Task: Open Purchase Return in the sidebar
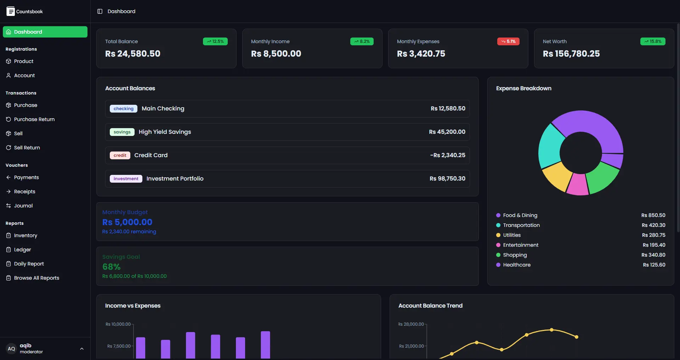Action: click(34, 119)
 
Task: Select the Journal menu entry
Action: click(23, 206)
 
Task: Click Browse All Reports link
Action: click(36, 278)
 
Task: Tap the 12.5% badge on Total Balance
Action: click(215, 41)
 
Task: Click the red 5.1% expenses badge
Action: click(508, 41)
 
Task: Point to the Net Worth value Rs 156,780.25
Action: click(571, 54)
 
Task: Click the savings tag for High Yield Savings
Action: click(122, 132)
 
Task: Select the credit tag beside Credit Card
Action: click(120, 155)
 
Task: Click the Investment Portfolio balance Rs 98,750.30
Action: click(447, 179)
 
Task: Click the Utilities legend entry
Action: click(512, 235)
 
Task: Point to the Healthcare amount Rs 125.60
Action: click(654, 265)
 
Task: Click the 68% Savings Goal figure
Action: click(111, 267)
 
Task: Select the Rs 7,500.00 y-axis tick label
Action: click(119, 346)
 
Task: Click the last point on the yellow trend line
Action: click(577, 337)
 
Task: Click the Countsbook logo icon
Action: click(11, 11)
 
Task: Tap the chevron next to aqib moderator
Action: click(82, 349)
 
